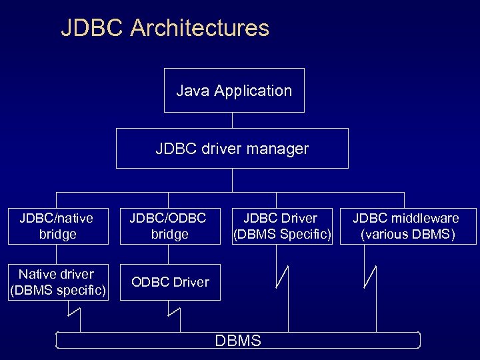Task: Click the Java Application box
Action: tap(234, 90)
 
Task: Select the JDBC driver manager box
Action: tap(232, 148)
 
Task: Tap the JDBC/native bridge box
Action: tap(57, 226)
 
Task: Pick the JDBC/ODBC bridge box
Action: tap(169, 226)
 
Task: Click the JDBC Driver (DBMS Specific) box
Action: tap(281, 226)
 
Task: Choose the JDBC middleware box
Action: tap(408, 226)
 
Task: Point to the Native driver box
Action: tap(57, 282)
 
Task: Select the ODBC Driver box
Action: tap(169, 282)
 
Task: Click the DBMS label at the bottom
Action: tap(238, 341)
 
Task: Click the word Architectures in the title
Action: tap(200, 28)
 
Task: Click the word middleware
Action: tap(425, 218)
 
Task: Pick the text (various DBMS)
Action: tap(408, 235)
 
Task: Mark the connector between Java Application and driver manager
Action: tap(232, 120)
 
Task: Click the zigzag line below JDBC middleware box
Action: tap(371, 277)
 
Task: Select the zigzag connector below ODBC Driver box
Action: tap(174, 311)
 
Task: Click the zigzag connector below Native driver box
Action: tap(73, 311)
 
